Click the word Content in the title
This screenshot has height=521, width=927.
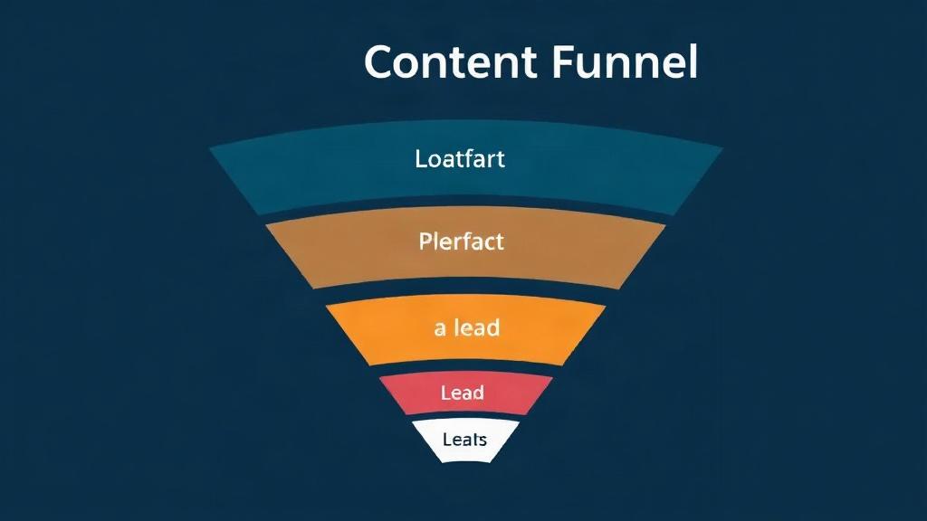tap(451, 62)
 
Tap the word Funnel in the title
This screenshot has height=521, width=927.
tap(626, 62)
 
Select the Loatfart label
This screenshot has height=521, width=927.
tap(460, 159)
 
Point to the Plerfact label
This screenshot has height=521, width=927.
tap(461, 241)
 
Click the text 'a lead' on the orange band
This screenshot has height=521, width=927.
tap(467, 327)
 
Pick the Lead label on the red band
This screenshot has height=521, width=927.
tap(463, 393)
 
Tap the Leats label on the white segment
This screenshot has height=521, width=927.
tap(464, 439)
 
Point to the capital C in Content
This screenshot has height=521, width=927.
tap(383, 62)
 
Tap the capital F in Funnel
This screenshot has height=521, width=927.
tap(566, 62)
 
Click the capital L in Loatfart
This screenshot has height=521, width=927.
tap(420, 159)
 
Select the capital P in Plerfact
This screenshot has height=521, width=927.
tap(425, 241)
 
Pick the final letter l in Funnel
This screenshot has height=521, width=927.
tap(694, 61)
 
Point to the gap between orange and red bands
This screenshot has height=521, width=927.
tap(466, 370)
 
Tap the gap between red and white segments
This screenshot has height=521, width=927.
tap(466, 418)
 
